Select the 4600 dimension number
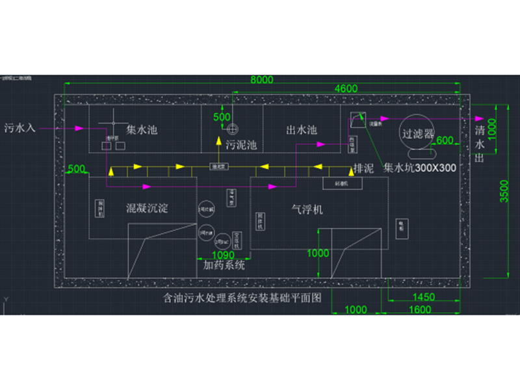[346, 88]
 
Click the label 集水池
[142, 130]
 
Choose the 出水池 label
[302, 130]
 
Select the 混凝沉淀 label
[147, 209]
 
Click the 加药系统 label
[224, 265]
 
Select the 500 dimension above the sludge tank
[222, 116]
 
